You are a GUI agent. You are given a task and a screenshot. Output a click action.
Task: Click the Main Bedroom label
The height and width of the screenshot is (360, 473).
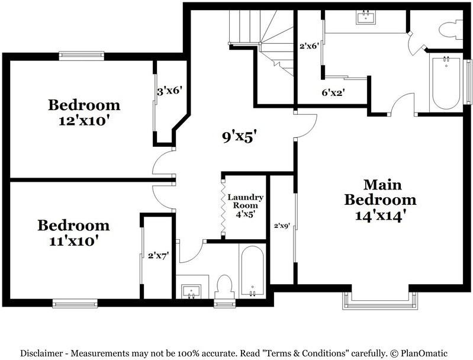pos(380,192)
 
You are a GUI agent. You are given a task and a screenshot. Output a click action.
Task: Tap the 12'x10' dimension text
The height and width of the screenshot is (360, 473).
pos(84,121)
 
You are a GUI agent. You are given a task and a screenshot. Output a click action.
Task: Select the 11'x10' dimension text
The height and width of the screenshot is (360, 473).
pos(74,241)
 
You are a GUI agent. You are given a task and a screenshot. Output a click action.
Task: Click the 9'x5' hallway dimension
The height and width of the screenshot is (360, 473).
pos(240,137)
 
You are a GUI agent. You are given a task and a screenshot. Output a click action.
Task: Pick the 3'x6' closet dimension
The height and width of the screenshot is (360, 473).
pos(170,91)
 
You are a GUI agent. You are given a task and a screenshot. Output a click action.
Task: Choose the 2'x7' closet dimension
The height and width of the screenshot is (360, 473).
pos(158,256)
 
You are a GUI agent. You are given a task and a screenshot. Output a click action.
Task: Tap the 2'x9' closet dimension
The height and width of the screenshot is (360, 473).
pos(282,225)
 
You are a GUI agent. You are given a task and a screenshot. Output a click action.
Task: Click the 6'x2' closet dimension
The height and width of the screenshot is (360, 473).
pos(333,92)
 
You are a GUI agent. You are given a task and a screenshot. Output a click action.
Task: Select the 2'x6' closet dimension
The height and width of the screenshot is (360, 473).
pos(309,46)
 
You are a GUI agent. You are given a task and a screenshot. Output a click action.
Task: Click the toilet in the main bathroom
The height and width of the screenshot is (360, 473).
pos(451,30)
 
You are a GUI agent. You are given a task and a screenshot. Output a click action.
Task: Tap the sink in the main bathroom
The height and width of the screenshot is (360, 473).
pos(366,17)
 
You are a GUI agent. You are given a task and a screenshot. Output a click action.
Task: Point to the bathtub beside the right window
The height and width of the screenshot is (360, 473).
pos(446,82)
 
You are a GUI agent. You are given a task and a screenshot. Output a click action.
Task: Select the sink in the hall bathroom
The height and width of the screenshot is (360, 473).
pos(191,291)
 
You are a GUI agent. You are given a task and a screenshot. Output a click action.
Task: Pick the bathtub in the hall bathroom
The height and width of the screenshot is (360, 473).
pos(253,271)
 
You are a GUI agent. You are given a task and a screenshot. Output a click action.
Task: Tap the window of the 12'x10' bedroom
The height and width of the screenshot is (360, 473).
pos(82,56)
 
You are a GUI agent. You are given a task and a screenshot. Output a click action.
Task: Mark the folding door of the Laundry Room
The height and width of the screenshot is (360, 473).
pos(224,207)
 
